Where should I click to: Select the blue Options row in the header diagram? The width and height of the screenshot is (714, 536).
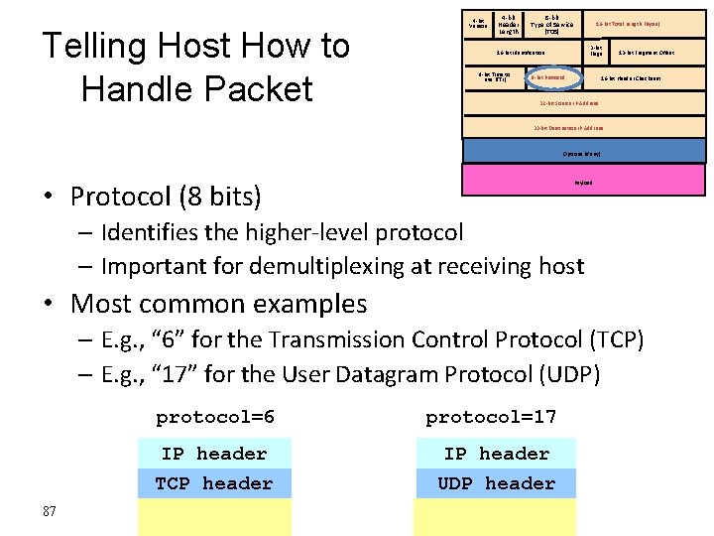(x=583, y=154)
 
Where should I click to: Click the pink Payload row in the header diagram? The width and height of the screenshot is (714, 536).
(x=583, y=182)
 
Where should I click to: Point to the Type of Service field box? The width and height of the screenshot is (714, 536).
(x=543, y=23)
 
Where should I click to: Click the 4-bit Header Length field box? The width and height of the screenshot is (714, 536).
(x=508, y=23)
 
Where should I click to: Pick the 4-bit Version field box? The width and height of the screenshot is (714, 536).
(x=479, y=22)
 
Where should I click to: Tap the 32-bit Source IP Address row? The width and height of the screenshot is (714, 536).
(x=583, y=102)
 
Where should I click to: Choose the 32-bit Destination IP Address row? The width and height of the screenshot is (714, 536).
(x=583, y=128)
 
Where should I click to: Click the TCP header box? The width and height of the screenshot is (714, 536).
(x=214, y=483)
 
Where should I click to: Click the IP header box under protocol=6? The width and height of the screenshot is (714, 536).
(x=214, y=454)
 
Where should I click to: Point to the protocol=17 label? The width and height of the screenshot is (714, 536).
(x=491, y=417)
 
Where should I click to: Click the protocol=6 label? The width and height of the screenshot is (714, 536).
(x=215, y=417)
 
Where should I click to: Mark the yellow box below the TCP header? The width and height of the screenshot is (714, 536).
(x=214, y=517)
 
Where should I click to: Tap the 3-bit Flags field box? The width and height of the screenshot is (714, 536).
(x=595, y=51)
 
